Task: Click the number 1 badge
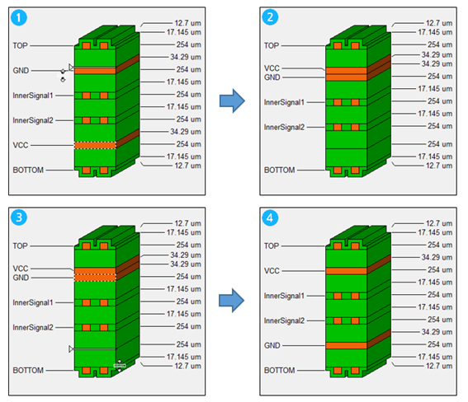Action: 19,17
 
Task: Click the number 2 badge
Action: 270,17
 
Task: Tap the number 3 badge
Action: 19,217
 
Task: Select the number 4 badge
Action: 270,217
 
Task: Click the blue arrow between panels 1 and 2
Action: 232,100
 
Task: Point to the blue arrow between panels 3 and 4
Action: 232,300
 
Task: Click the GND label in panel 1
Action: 21,71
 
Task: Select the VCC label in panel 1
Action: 21,145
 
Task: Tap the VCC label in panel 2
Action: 272,68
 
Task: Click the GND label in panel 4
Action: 272,345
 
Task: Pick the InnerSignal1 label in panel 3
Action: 33,303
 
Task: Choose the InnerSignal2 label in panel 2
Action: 284,128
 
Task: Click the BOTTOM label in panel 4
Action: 279,371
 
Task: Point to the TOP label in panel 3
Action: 20,246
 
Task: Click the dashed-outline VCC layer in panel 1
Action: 95,145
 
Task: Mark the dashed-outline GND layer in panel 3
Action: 95,278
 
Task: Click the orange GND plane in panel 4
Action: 346,345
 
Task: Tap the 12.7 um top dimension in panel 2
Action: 439,23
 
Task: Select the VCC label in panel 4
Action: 272,271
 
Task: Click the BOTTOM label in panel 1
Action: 28,170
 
